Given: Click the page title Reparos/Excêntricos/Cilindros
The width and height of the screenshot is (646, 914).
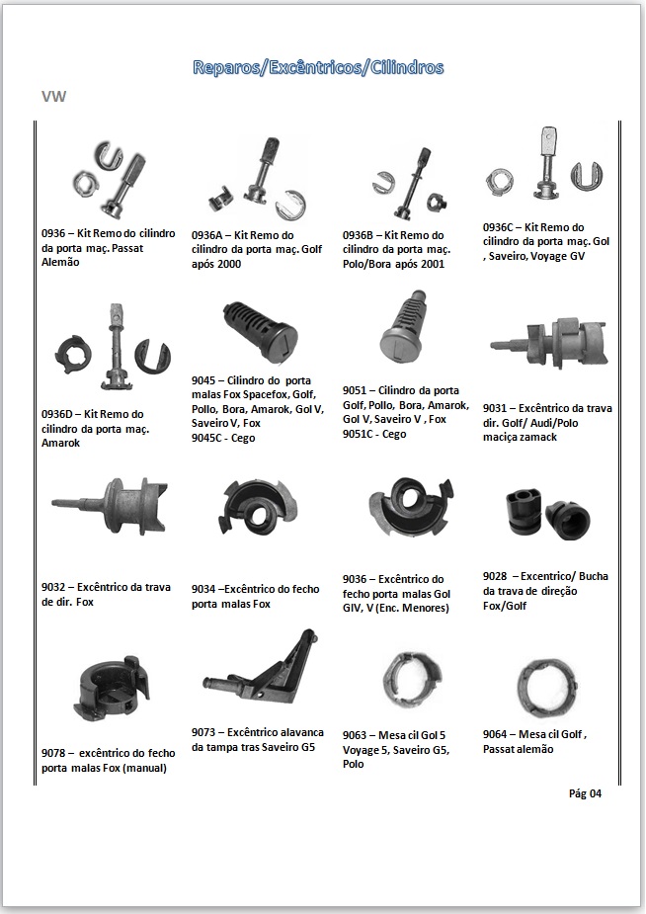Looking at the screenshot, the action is tap(318, 67).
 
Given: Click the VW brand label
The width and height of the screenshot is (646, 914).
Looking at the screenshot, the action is tap(53, 96).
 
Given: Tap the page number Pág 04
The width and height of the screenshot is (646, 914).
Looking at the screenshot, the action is tap(585, 793).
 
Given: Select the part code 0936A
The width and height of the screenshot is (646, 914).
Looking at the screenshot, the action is tap(207, 235).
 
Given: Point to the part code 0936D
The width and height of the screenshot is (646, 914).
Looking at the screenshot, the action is tap(57, 414).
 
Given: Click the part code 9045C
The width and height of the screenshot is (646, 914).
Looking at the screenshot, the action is tap(207, 438).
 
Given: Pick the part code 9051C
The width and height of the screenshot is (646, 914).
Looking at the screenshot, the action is tap(359, 434).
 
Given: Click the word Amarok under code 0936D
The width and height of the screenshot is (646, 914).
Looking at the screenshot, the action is tap(60, 443).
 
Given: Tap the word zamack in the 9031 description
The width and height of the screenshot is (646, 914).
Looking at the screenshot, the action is tap(537, 437).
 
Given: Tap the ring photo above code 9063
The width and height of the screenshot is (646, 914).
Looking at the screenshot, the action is tap(412, 679).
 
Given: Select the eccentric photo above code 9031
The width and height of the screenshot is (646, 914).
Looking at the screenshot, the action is tap(549, 343).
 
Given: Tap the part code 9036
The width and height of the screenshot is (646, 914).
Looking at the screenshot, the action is tap(355, 579).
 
